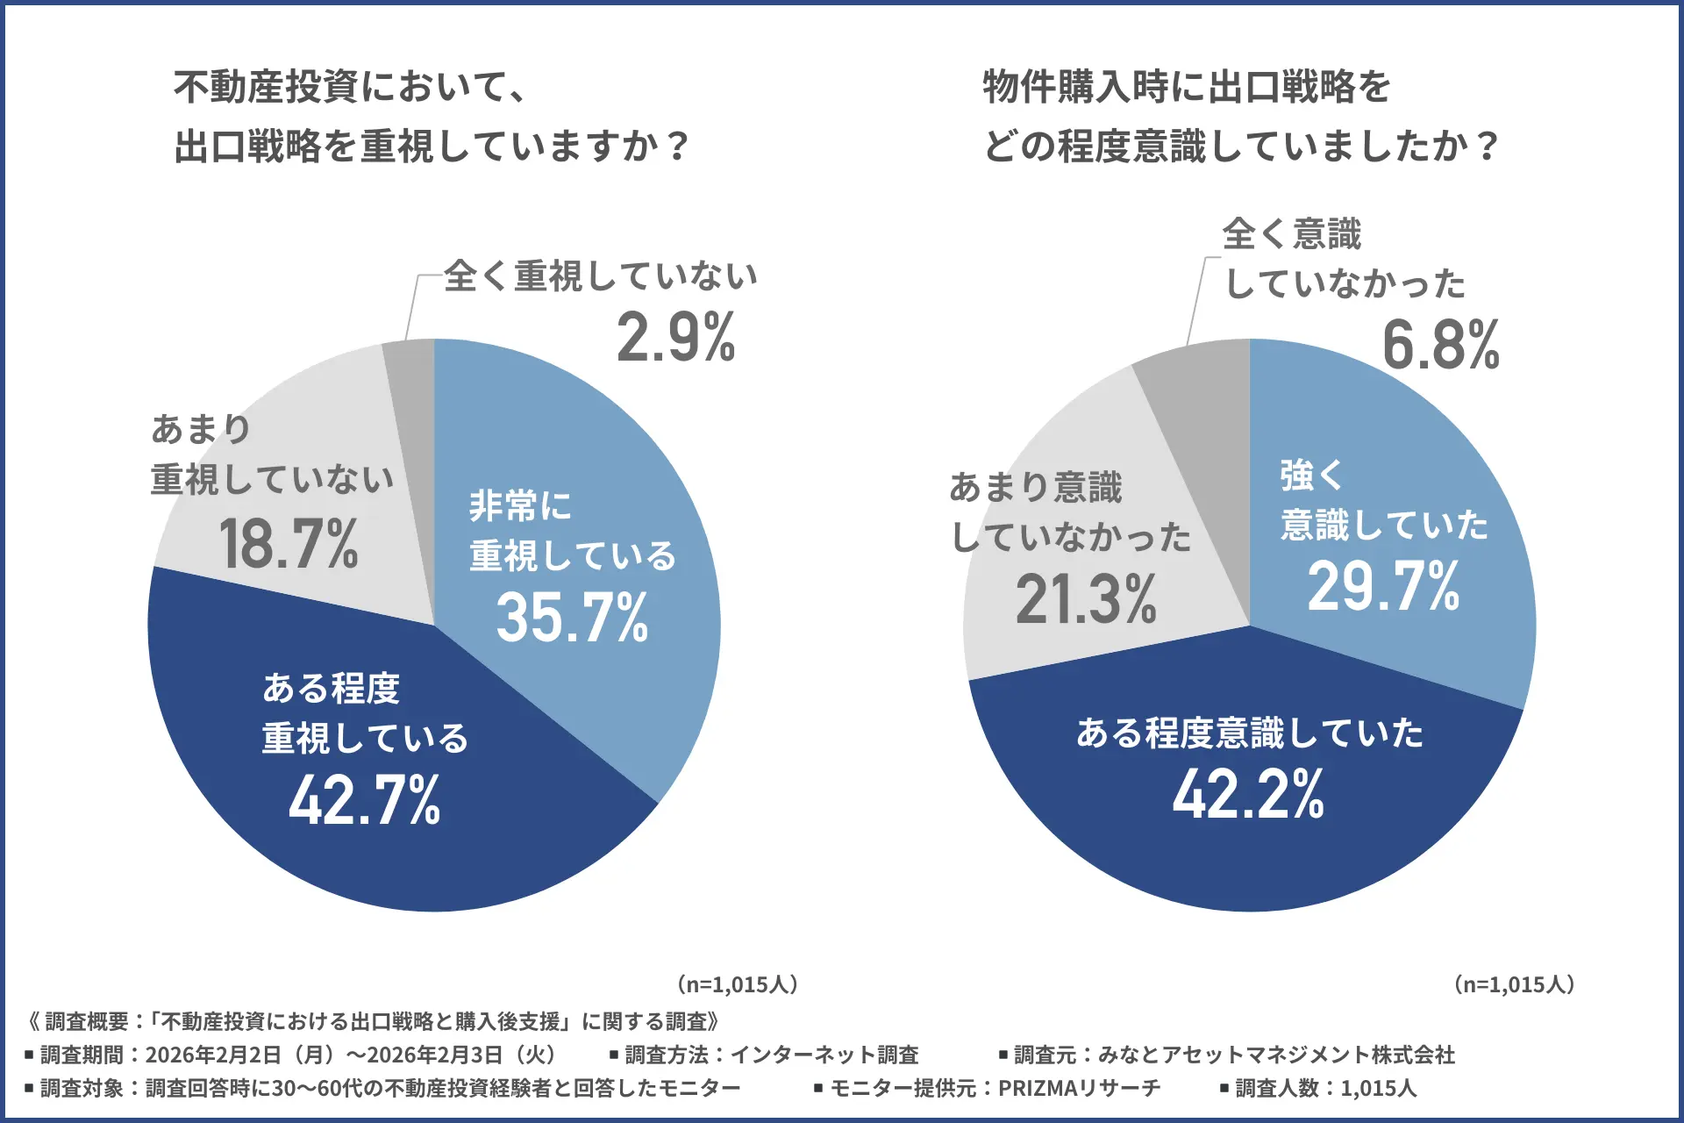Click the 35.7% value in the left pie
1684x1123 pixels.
(x=572, y=618)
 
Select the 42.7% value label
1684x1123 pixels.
(x=365, y=800)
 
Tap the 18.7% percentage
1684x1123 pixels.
(x=289, y=544)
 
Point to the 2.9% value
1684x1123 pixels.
(x=675, y=339)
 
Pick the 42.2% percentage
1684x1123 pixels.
(x=1248, y=795)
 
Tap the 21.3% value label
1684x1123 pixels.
(x=1086, y=600)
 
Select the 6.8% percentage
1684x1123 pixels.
(x=1440, y=346)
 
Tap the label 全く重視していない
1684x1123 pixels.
(x=600, y=276)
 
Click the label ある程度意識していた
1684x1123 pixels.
(x=1249, y=733)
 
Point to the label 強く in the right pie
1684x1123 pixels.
(x=1311, y=476)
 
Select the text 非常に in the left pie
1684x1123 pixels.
(x=520, y=506)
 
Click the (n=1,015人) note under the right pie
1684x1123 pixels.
(x=1514, y=984)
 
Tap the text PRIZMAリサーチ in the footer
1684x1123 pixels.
(x=1079, y=1089)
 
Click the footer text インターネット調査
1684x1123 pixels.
(x=824, y=1055)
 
